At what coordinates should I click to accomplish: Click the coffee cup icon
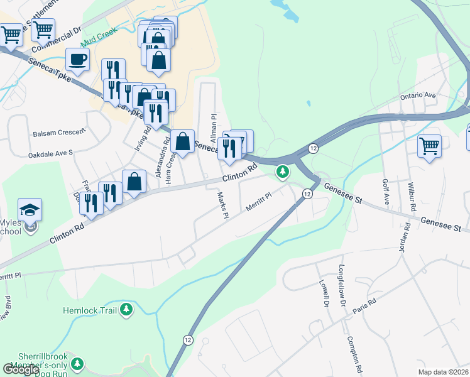pos(77,60)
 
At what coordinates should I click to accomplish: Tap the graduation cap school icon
pos(30,210)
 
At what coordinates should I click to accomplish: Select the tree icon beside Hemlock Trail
pos(127,310)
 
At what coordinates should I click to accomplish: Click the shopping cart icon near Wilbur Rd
pos(430,146)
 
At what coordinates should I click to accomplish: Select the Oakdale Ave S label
pos(50,153)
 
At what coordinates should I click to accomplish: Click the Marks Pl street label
pos(221,205)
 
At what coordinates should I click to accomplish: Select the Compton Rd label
pos(354,350)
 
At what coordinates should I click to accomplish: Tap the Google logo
pos(21,369)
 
